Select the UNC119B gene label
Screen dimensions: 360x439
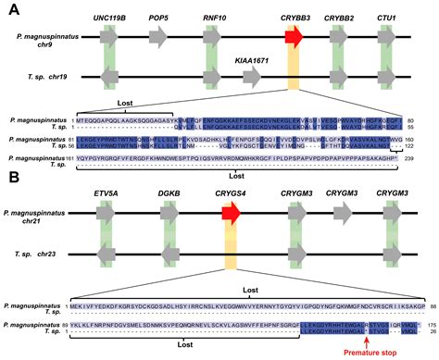point(110,18)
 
